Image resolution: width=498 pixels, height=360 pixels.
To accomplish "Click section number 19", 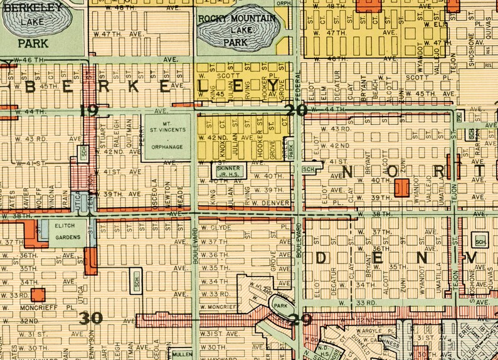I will pos(89,112).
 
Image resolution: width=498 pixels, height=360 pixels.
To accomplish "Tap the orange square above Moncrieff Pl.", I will pos(39,294).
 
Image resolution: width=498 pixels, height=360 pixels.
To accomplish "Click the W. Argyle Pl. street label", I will pos(375,330).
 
